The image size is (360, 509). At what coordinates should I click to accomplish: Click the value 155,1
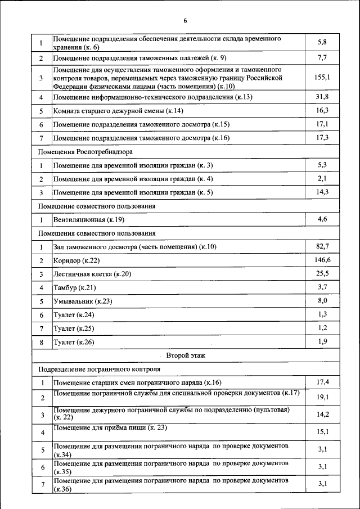point(322,77)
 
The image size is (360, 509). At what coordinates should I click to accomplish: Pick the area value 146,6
point(322,260)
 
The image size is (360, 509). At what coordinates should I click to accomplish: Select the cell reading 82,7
point(322,246)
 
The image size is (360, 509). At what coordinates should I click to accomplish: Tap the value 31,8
point(322,97)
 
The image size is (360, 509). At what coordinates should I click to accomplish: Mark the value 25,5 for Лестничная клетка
point(322,273)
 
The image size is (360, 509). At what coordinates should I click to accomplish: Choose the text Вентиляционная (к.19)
point(88,219)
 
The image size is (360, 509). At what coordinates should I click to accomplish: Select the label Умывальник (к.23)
point(83,301)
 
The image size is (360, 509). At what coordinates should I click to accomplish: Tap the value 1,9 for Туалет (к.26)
point(322,341)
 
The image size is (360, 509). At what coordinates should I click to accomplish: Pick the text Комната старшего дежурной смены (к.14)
point(118,111)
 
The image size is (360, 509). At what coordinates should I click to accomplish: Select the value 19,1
point(322,397)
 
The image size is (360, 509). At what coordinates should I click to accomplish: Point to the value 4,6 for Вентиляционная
point(322,219)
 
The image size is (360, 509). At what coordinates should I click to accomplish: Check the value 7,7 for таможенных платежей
point(322,57)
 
